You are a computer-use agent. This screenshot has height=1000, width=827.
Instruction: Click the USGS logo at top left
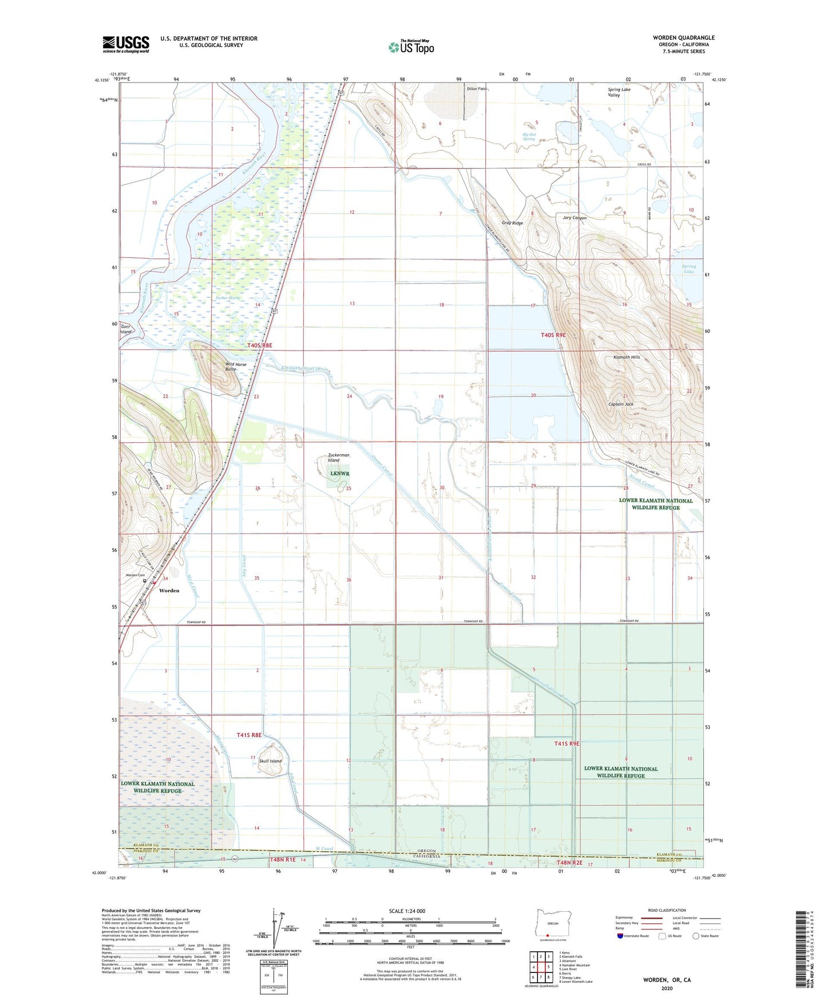[x=125, y=44]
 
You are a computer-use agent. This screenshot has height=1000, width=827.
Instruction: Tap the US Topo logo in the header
[x=411, y=47]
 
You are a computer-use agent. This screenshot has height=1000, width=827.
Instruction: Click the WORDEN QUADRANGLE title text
[x=683, y=38]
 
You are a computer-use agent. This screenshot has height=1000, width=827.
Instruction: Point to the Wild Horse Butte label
[x=235, y=367]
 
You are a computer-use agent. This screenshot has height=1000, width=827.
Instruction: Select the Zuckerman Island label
[x=338, y=458]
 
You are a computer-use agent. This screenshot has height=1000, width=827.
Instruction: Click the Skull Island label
[x=270, y=761]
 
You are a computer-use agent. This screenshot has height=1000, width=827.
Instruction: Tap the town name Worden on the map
[x=169, y=590]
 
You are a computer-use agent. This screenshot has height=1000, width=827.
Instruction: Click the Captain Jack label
[x=620, y=404]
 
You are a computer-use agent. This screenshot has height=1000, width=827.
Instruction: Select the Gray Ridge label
[x=512, y=223]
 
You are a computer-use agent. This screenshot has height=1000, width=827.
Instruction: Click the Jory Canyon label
[x=575, y=218]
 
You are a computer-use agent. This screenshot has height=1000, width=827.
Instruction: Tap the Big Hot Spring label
[x=528, y=136]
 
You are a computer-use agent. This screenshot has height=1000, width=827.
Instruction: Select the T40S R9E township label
[x=553, y=335]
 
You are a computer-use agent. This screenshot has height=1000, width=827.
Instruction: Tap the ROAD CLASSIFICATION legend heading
[x=667, y=910]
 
